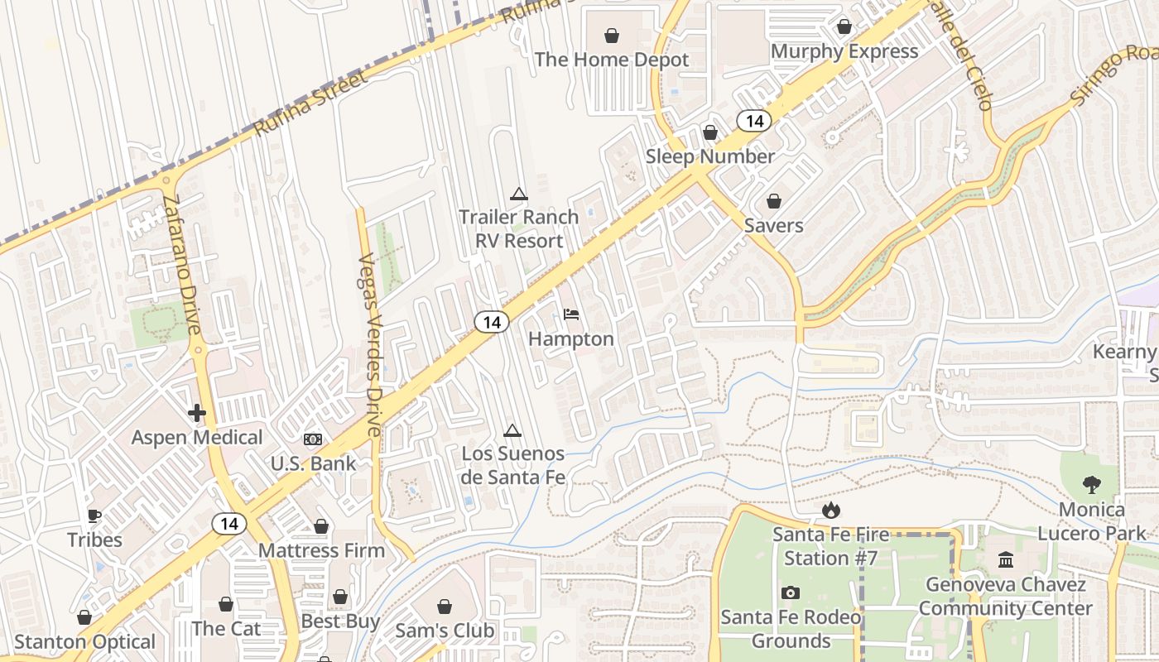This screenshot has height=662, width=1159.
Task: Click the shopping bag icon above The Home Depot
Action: pyautogui.click(x=611, y=36)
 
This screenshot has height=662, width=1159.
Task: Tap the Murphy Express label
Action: pyautogui.click(x=844, y=51)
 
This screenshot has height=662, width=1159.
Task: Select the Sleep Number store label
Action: pyautogui.click(x=709, y=156)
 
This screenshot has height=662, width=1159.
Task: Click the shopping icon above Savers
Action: pyautogui.click(x=773, y=201)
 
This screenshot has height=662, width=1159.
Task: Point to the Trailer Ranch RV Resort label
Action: pyautogui.click(x=518, y=228)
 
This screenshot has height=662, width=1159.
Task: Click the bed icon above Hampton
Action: pyautogui.click(x=571, y=314)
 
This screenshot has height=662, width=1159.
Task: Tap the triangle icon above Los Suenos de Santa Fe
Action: pyautogui.click(x=512, y=430)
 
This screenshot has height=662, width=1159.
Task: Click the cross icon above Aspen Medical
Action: pyautogui.click(x=197, y=412)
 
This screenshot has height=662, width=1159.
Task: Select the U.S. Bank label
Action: pyautogui.click(x=313, y=463)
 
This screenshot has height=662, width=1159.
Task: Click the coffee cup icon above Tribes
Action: pyautogui.click(x=94, y=516)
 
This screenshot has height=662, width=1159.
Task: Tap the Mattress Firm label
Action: pyautogui.click(x=321, y=550)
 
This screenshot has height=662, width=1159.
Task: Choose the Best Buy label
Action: pyautogui.click(x=340, y=621)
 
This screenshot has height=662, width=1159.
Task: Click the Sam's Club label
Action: pyautogui.click(x=445, y=631)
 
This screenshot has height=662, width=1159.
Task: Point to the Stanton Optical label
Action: pyautogui.click(x=84, y=642)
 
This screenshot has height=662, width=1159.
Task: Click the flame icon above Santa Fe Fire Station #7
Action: pyautogui.click(x=830, y=510)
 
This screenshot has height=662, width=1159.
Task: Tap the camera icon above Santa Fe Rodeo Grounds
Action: pyautogui.click(x=790, y=592)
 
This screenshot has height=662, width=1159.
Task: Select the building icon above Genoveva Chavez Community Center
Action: pyautogui.click(x=1006, y=560)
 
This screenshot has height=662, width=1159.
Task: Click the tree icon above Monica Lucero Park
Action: pyautogui.click(x=1092, y=485)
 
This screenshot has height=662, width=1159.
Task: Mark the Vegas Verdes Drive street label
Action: pyautogui.click(x=370, y=345)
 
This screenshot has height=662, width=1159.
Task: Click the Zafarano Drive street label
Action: pyautogui.click(x=182, y=265)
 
